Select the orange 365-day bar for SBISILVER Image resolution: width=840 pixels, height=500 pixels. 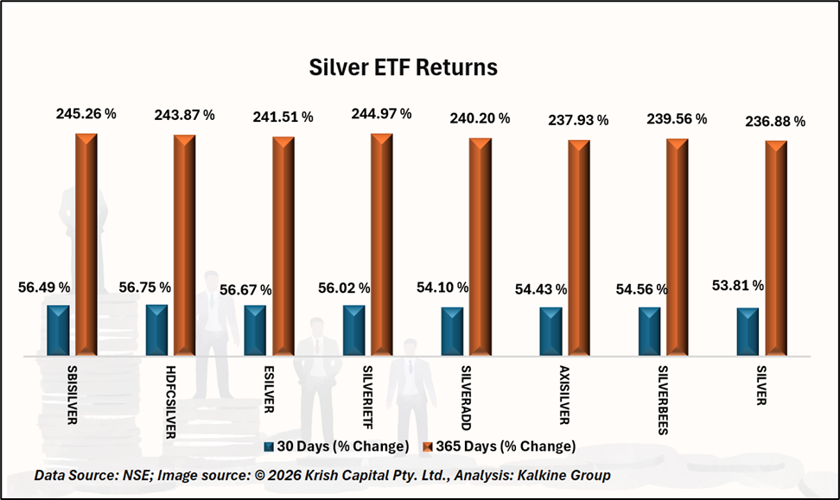tap(86, 244)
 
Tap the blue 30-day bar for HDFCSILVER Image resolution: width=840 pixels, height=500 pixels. tap(156, 329)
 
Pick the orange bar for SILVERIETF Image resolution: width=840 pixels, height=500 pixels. tap(381, 244)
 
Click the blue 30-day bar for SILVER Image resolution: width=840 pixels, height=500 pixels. tap(748, 331)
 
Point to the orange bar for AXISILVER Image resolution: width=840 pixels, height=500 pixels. tap(578, 247)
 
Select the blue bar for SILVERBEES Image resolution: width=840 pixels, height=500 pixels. tap(649, 330)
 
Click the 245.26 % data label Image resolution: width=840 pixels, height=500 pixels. tap(86, 113)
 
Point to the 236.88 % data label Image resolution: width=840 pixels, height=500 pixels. tap(776, 122)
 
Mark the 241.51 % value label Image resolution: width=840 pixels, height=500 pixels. tap(283, 117)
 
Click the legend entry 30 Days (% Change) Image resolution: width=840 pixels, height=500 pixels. tap(336, 446)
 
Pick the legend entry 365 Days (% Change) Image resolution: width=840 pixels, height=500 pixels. tap(499, 446)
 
